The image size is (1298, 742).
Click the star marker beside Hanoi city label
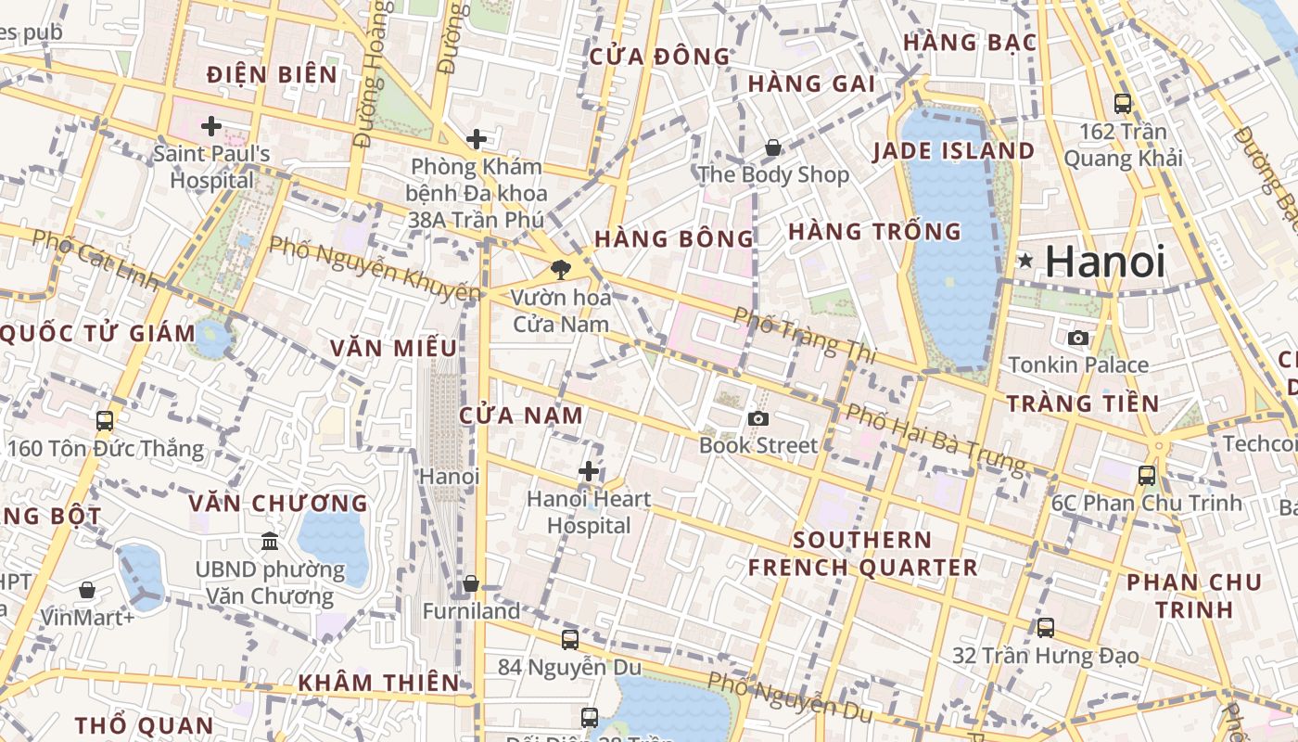click(x=1024, y=261)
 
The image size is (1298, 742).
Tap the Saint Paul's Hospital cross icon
click(x=211, y=125)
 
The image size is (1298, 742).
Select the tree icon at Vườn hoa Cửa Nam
click(x=560, y=270)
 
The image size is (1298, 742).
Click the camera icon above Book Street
click(x=758, y=418)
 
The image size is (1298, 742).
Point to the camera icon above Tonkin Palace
click(x=1077, y=338)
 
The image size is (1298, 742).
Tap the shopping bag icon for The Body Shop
click(x=772, y=147)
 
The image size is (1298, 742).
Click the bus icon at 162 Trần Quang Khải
click(x=1122, y=104)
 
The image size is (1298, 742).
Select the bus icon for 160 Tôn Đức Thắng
click(x=105, y=421)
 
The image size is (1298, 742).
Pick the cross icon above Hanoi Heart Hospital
click(x=588, y=471)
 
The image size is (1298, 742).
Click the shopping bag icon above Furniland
click(x=471, y=583)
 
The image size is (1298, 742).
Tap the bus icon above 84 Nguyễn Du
click(x=569, y=639)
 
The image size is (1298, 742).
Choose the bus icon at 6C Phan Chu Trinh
click(x=1147, y=476)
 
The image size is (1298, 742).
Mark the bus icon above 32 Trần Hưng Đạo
click(x=1046, y=628)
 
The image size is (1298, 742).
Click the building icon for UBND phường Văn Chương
click(x=270, y=541)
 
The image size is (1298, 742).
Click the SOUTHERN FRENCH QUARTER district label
click(x=863, y=554)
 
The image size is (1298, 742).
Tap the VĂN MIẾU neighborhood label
click(x=394, y=348)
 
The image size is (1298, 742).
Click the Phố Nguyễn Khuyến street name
click(x=375, y=269)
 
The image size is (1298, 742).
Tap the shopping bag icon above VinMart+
click(x=87, y=590)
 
